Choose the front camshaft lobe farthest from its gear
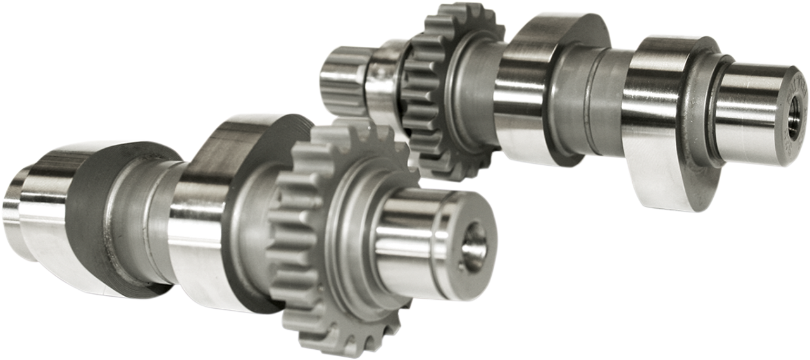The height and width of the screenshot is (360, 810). point(70,215)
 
